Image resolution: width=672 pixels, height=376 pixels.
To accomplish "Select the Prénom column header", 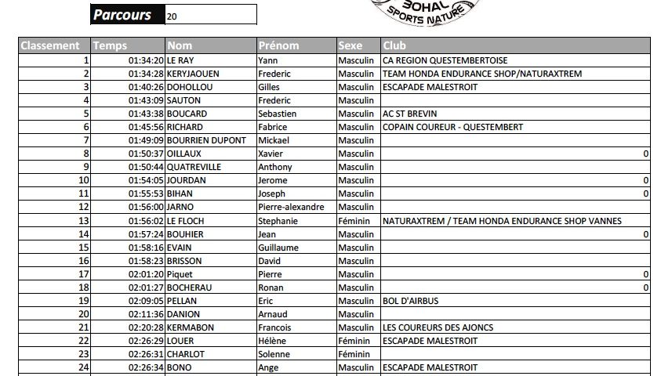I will pyautogui.click(x=278, y=45).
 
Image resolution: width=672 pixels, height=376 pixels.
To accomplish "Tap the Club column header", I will pyautogui.click(x=394, y=45).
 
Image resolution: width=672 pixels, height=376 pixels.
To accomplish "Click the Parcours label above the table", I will pyautogui.click(x=123, y=15).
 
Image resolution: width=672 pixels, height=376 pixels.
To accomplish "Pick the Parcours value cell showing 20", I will pyautogui.click(x=210, y=15).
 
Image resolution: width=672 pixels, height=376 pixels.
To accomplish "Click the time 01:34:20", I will pyautogui.click(x=145, y=60).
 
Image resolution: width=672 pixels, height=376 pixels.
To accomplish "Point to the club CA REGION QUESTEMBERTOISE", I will pyautogui.click(x=445, y=60).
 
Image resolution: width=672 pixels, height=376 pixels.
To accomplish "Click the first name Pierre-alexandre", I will pyautogui.click(x=291, y=207).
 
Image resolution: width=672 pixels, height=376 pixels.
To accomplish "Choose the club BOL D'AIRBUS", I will pyautogui.click(x=410, y=301).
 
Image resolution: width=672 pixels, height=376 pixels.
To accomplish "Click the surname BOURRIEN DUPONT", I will pyautogui.click(x=205, y=140).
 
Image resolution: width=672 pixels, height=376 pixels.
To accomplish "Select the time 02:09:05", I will pyautogui.click(x=145, y=301).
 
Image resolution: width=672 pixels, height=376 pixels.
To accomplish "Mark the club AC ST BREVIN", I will pyautogui.click(x=409, y=114).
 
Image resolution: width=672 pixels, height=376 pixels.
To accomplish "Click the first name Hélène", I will pyautogui.click(x=272, y=341).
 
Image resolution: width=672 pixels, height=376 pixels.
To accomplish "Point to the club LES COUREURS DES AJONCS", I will pyautogui.click(x=438, y=327).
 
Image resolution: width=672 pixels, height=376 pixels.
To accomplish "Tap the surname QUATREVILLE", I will pyautogui.click(x=194, y=167).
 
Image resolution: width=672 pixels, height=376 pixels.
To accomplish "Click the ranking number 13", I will pyautogui.click(x=84, y=221).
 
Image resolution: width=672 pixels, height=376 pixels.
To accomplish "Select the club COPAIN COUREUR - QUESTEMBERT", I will pyautogui.click(x=452, y=127).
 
